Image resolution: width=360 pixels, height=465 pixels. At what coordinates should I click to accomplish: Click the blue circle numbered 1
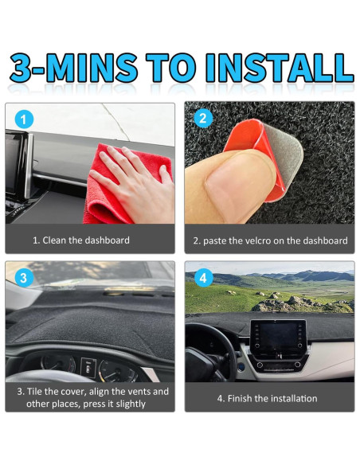(24, 119)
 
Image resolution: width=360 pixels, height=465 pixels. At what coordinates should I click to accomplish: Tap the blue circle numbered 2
(203, 119)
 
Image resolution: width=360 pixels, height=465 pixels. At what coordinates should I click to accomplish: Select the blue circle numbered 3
(24, 278)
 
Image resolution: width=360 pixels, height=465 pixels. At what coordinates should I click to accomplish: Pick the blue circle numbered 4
(203, 278)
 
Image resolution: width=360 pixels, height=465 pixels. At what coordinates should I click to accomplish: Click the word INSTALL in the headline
(280, 68)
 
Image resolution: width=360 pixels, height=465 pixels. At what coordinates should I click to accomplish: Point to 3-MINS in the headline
(73, 68)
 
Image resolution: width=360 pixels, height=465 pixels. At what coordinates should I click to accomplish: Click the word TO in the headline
(171, 68)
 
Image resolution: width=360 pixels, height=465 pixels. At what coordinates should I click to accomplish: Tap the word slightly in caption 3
(131, 404)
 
